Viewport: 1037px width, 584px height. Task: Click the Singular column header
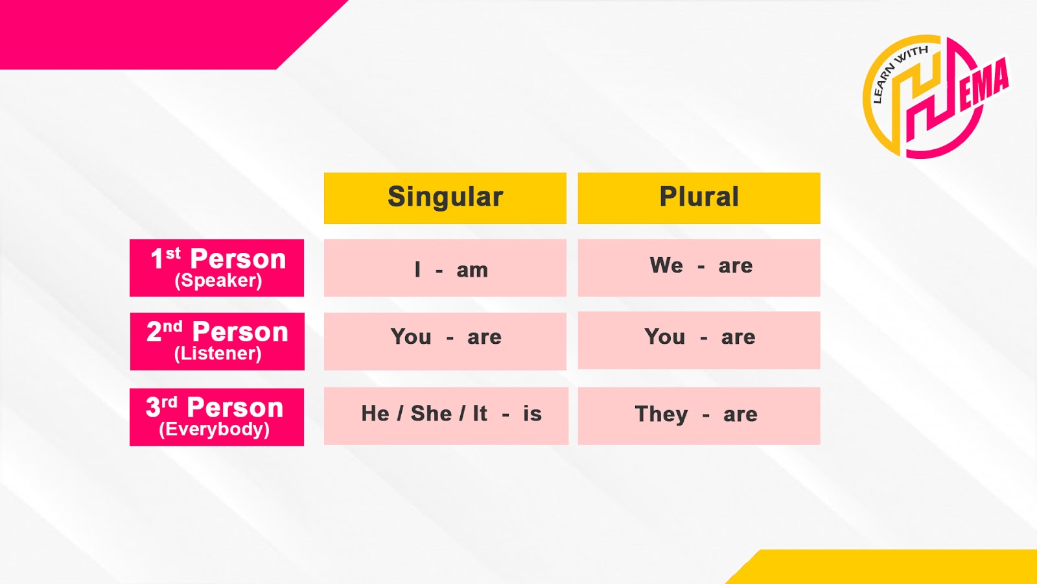point(445,198)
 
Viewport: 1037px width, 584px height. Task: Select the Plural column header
point(699,198)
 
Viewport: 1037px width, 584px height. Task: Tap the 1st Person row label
point(216,267)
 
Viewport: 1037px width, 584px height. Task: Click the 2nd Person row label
point(217,341)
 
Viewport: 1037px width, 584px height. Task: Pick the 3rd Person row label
point(216,417)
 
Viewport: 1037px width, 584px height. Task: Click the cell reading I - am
point(445,268)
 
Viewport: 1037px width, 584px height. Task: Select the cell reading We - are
point(699,267)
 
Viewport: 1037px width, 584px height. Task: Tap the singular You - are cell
point(445,341)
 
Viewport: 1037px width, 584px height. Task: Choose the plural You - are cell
point(699,340)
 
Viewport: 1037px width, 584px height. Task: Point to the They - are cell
point(699,416)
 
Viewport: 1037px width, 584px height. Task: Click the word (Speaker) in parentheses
point(218,281)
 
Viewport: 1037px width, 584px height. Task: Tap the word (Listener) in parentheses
point(218,354)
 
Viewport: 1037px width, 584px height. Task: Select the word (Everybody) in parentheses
point(214,430)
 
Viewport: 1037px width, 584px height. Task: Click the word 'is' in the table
point(532,413)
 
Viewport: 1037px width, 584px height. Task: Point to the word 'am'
point(472,270)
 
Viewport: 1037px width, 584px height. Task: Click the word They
point(661,414)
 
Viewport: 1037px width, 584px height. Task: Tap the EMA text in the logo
point(984,85)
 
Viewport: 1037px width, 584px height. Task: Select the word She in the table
point(431,413)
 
